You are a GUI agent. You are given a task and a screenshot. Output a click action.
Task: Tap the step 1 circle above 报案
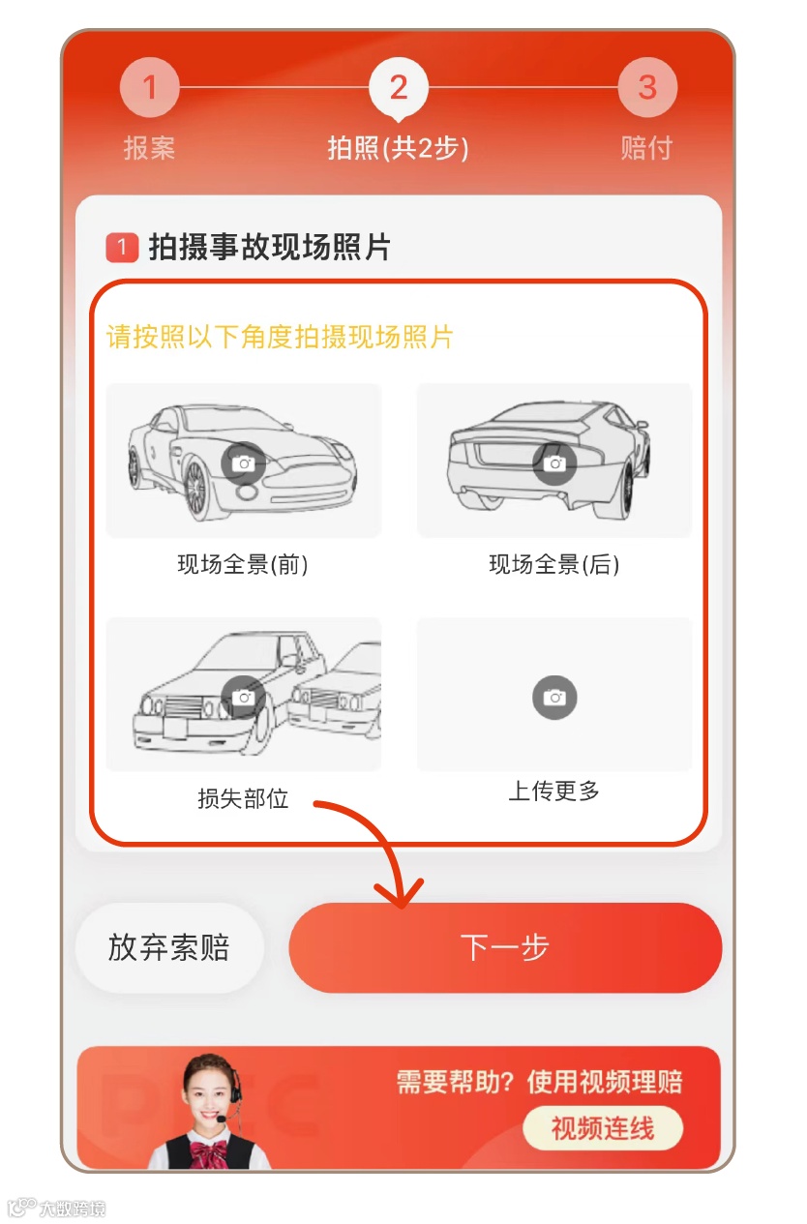click(x=150, y=87)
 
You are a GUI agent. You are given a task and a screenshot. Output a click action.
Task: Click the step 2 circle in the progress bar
click(x=399, y=87)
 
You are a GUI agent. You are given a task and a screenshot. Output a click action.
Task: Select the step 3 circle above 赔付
click(x=647, y=87)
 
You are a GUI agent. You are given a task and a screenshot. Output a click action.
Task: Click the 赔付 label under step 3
click(x=647, y=148)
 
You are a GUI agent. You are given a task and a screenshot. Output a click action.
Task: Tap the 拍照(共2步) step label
click(x=399, y=148)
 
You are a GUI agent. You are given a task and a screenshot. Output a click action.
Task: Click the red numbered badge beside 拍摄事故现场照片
click(x=122, y=248)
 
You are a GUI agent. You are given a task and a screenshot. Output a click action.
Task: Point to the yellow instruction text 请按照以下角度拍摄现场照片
click(x=280, y=337)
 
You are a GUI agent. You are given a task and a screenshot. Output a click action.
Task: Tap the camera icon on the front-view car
click(x=244, y=463)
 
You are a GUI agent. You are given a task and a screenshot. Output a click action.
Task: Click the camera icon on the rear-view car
click(x=555, y=463)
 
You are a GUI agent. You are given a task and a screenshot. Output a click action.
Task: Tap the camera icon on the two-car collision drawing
click(x=244, y=698)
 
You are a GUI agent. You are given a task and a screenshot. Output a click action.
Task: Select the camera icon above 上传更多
click(x=555, y=698)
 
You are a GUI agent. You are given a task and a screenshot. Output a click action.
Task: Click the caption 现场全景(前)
click(x=243, y=564)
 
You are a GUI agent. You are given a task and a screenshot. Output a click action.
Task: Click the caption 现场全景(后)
click(x=554, y=564)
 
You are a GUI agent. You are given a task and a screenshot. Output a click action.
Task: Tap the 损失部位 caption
click(x=243, y=798)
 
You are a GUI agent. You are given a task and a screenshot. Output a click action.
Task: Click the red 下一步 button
click(x=505, y=947)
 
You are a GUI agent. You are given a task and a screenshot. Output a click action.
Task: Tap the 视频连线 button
click(x=603, y=1128)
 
